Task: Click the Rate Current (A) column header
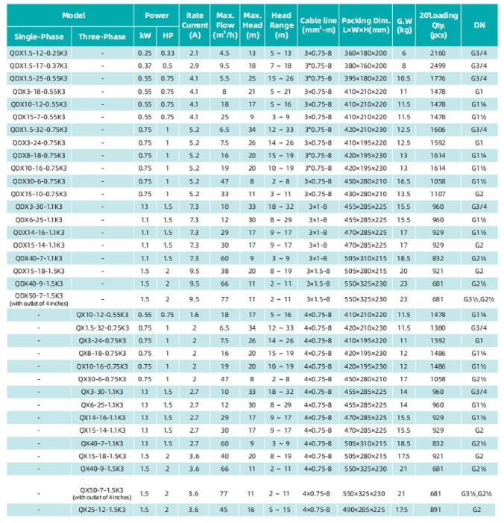pyautogui.click(x=195, y=25)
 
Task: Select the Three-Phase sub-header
pyautogui.click(x=102, y=37)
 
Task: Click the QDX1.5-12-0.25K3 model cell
pyautogui.click(x=39, y=53)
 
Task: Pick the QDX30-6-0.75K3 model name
pyautogui.click(x=39, y=181)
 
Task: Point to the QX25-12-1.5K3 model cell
pyautogui.click(x=102, y=510)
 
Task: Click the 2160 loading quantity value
pyautogui.click(x=438, y=53)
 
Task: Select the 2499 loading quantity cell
pyautogui.click(x=438, y=66)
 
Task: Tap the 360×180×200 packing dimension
pyautogui.click(x=365, y=53)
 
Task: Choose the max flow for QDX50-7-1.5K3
pyautogui.click(x=224, y=299)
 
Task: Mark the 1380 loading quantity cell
pyautogui.click(x=438, y=328)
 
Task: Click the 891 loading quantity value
pyautogui.click(x=435, y=510)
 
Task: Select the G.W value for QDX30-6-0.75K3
pyautogui.click(x=403, y=181)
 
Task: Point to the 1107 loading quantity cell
pyautogui.click(x=438, y=194)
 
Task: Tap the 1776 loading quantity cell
pyautogui.click(x=438, y=78)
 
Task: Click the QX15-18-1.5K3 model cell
pyautogui.click(x=102, y=456)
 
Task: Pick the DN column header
pyautogui.click(x=479, y=25)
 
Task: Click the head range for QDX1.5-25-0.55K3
pyautogui.click(x=281, y=78)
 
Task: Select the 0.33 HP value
pyautogui.click(x=167, y=53)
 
